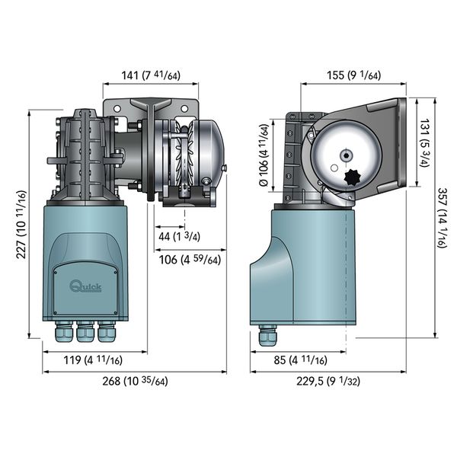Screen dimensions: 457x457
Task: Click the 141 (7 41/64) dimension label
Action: point(150,75)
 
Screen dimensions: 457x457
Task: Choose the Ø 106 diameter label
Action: point(264,155)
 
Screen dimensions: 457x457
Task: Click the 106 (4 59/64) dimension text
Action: point(190,260)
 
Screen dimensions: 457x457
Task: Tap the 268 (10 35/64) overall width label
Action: point(133,382)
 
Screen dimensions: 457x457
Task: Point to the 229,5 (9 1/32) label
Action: point(327,382)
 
